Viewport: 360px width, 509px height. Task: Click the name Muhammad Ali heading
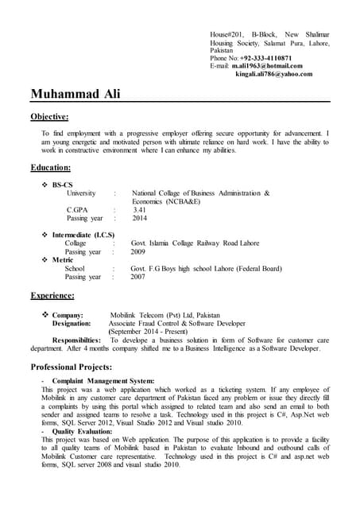pyautogui.click(x=75, y=94)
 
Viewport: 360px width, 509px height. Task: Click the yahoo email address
pyautogui.click(x=273, y=74)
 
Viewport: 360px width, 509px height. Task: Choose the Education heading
pyautogui.click(x=51, y=168)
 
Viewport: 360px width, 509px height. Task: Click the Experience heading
pyautogui.click(x=52, y=296)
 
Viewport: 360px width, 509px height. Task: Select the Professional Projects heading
pyautogui.click(x=71, y=367)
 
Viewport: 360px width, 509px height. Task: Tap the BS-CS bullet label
pyautogui.click(x=64, y=185)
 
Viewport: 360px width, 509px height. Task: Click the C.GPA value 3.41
pyautogui.click(x=139, y=210)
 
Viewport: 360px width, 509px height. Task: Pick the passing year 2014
pyautogui.click(x=140, y=218)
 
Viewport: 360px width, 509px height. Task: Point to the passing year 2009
pyautogui.click(x=138, y=252)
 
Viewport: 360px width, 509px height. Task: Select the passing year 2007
pyautogui.click(x=138, y=278)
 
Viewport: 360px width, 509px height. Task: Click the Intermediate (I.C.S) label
pyautogui.click(x=83, y=235)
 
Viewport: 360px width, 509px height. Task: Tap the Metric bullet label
pyautogui.click(x=63, y=261)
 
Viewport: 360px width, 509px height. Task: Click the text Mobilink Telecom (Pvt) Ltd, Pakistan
pyautogui.click(x=165, y=316)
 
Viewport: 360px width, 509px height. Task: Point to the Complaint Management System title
pyautogui.click(x=103, y=381)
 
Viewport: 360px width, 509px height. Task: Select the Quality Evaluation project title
pyautogui.click(x=84, y=431)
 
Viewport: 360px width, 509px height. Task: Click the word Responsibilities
pyautogui.click(x=76, y=340)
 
